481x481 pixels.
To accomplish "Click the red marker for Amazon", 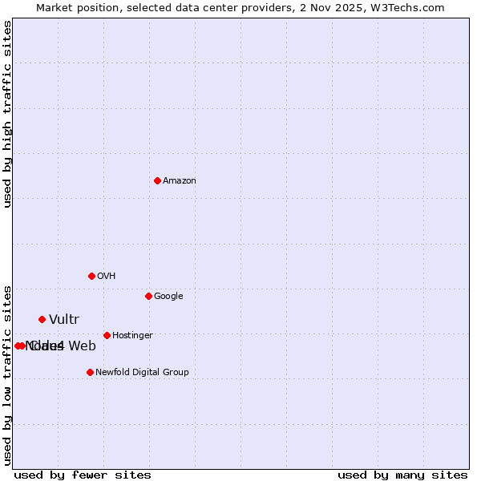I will pyautogui.click(x=157, y=180).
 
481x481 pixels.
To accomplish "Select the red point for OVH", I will pyautogui.click(x=91, y=276).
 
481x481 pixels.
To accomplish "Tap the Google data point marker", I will pyautogui.click(x=148, y=296).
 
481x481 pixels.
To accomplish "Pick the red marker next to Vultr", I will pyautogui.click(x=42, y=319).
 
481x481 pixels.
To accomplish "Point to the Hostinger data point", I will pyautogui.click(x=107, y=335).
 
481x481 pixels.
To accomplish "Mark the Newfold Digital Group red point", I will pyautogui.click(x=90, y=372).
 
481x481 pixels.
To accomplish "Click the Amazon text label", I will pyautogui.click(x=180, y=181).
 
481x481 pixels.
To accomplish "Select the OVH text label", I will pyautogui.click(x=107, y=277).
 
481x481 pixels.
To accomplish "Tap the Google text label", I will pyautogui.click(x=168, y=297).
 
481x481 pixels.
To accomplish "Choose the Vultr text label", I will pyautogui.click(x=64, y=320).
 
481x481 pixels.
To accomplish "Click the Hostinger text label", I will pyautogui.click(x=132, y=336).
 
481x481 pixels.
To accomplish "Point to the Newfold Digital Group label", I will pyautogui.click(x=142, y=373).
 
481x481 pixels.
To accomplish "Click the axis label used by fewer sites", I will pyautogui.click(x=83, y=475).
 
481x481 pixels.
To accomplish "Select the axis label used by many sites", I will pyautogui.click(x=402, y=475).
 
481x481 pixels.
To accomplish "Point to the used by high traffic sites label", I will pyautogui.click(x=7, y=114).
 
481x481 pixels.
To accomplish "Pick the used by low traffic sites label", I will pyautogui.click(x=7, y=374).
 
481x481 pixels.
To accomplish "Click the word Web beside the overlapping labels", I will pyautogui.click(x=82, y=346).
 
